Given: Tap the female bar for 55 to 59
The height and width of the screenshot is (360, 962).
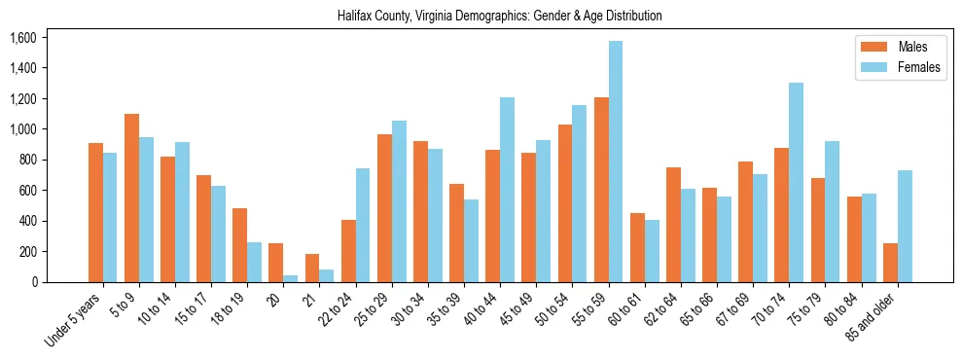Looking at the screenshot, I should pyautogui.click(x=616, y=162).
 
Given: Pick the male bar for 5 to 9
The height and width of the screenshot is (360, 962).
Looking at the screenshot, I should pyautogui.click(x=132, y=198).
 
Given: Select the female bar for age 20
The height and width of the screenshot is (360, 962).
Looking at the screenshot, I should pyautogui.click(x=291, y=278).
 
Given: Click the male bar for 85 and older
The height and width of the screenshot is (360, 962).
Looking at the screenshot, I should pyautogui.click(x=890, y=263).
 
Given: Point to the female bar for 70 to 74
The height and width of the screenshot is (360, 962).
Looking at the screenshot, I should pyautogui.click(x=796, y=183).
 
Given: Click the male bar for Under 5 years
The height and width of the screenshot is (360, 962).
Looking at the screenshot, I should pyautogui.click(x=95, y=213).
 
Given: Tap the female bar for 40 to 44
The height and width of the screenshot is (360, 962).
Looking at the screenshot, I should pyautogui.click(x=507, y=190).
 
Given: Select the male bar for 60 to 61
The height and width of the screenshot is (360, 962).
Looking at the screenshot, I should pyautogui.click(x=637, y=248).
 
